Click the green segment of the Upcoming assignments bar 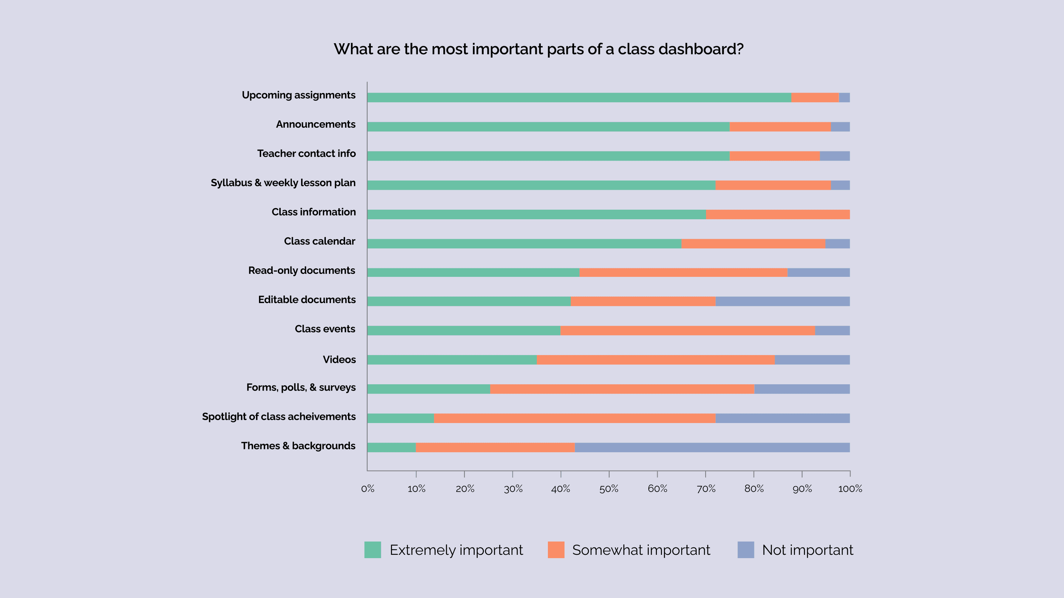pos(578,97)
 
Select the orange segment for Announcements pos(780,127)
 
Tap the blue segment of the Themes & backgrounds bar pos(712,447)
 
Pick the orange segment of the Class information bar pos(778,214)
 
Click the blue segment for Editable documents pos(782,301)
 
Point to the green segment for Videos pos(451,360)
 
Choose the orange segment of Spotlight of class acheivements pos(574,418)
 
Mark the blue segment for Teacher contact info pos(835,156)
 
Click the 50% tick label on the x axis pos(609,489)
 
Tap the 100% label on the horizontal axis pos(850,489)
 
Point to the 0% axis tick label pos(368,489)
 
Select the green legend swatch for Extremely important pos(372,550)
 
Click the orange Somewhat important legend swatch pos(556,550)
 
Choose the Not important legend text pos(807,550)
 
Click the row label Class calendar pos(319,241)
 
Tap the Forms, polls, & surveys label pos(301,388)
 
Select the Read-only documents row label pos(301,270)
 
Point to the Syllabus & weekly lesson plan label pos(283,183)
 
